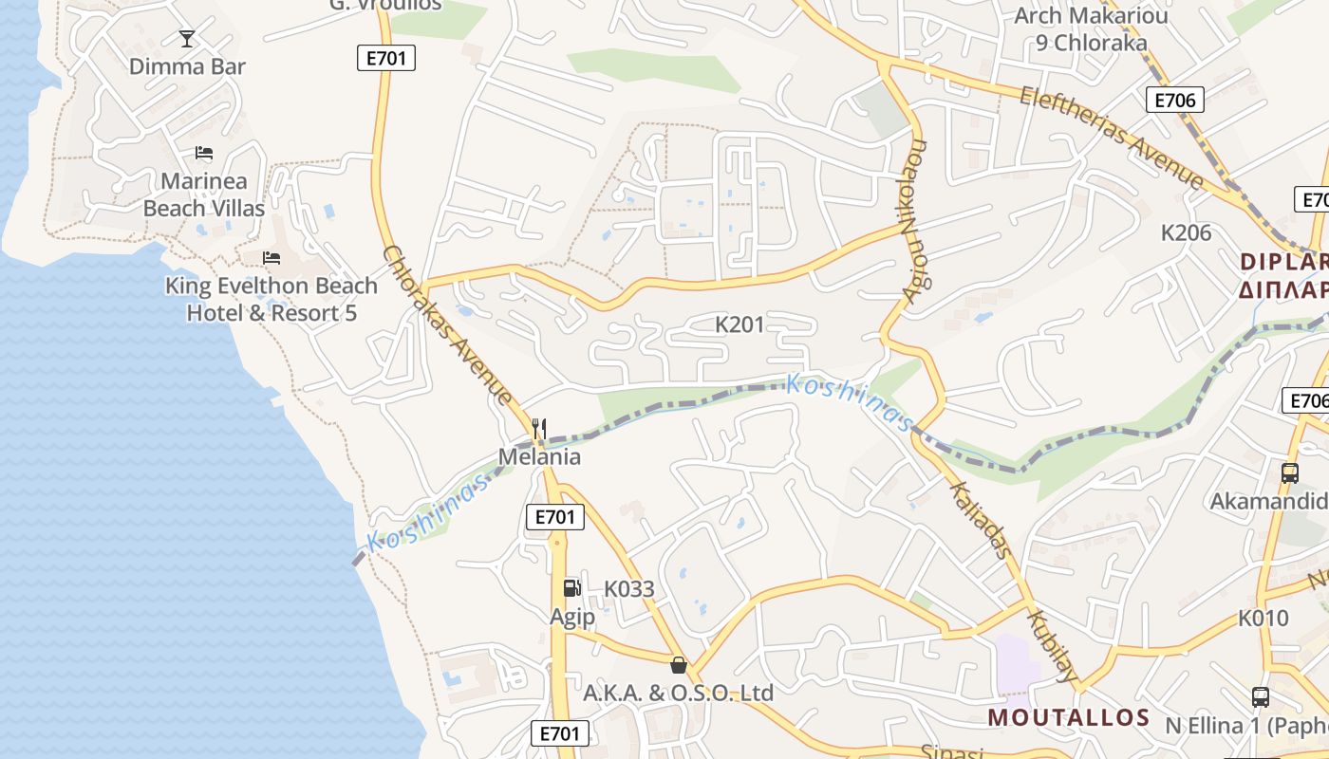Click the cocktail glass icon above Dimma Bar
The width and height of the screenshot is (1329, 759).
[x=187, y=39]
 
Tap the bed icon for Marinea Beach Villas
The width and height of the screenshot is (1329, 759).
[x=204, y=153]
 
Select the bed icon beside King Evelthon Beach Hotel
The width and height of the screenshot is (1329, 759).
[x=271, y=258]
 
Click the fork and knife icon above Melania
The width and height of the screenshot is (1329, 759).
[x=539, y=429]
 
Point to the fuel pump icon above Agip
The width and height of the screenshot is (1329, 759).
[x=571, y=588]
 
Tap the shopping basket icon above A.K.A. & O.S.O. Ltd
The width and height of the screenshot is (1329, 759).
[x=678, y=664]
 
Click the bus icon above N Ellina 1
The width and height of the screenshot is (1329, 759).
[x=1261, y=697]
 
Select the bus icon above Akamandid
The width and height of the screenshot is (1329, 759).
[x=1289, y=472]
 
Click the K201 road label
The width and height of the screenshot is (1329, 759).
[x=739, y=325]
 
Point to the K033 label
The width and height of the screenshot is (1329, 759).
[x=629, y=589]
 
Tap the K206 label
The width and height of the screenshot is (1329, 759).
[x=1187, y=232]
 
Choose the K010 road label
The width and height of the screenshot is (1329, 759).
[x=1263, y=619]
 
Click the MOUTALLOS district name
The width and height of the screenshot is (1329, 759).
[x=1069, y=717]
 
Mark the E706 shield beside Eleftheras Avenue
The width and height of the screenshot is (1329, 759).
[x=1174, y=100]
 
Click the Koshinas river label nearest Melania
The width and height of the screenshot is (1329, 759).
[x=430, y=512]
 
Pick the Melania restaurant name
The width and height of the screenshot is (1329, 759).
[x=539, y=456]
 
